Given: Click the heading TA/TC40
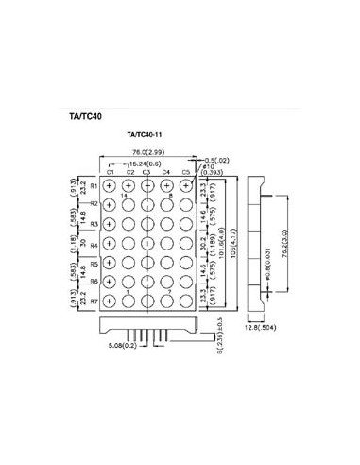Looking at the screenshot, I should click(x=86, y=119).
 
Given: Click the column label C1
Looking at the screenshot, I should click(x=110, y=172).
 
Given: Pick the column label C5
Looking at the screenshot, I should click(x=185, y=172).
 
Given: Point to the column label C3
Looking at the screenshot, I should click(x=147, y=172).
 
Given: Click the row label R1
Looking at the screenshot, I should click(x=94, y=186).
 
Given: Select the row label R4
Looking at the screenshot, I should click(x=94, y=244).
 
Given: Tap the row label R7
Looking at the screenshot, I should click(x=94, y=301).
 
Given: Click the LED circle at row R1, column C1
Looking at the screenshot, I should click(x=110, y=186).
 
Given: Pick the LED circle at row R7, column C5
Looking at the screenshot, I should click(x=185, y=301).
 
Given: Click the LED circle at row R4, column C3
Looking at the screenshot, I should click(x=147, y=244).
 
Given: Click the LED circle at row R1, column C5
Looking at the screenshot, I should click(x=185, y=186).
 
